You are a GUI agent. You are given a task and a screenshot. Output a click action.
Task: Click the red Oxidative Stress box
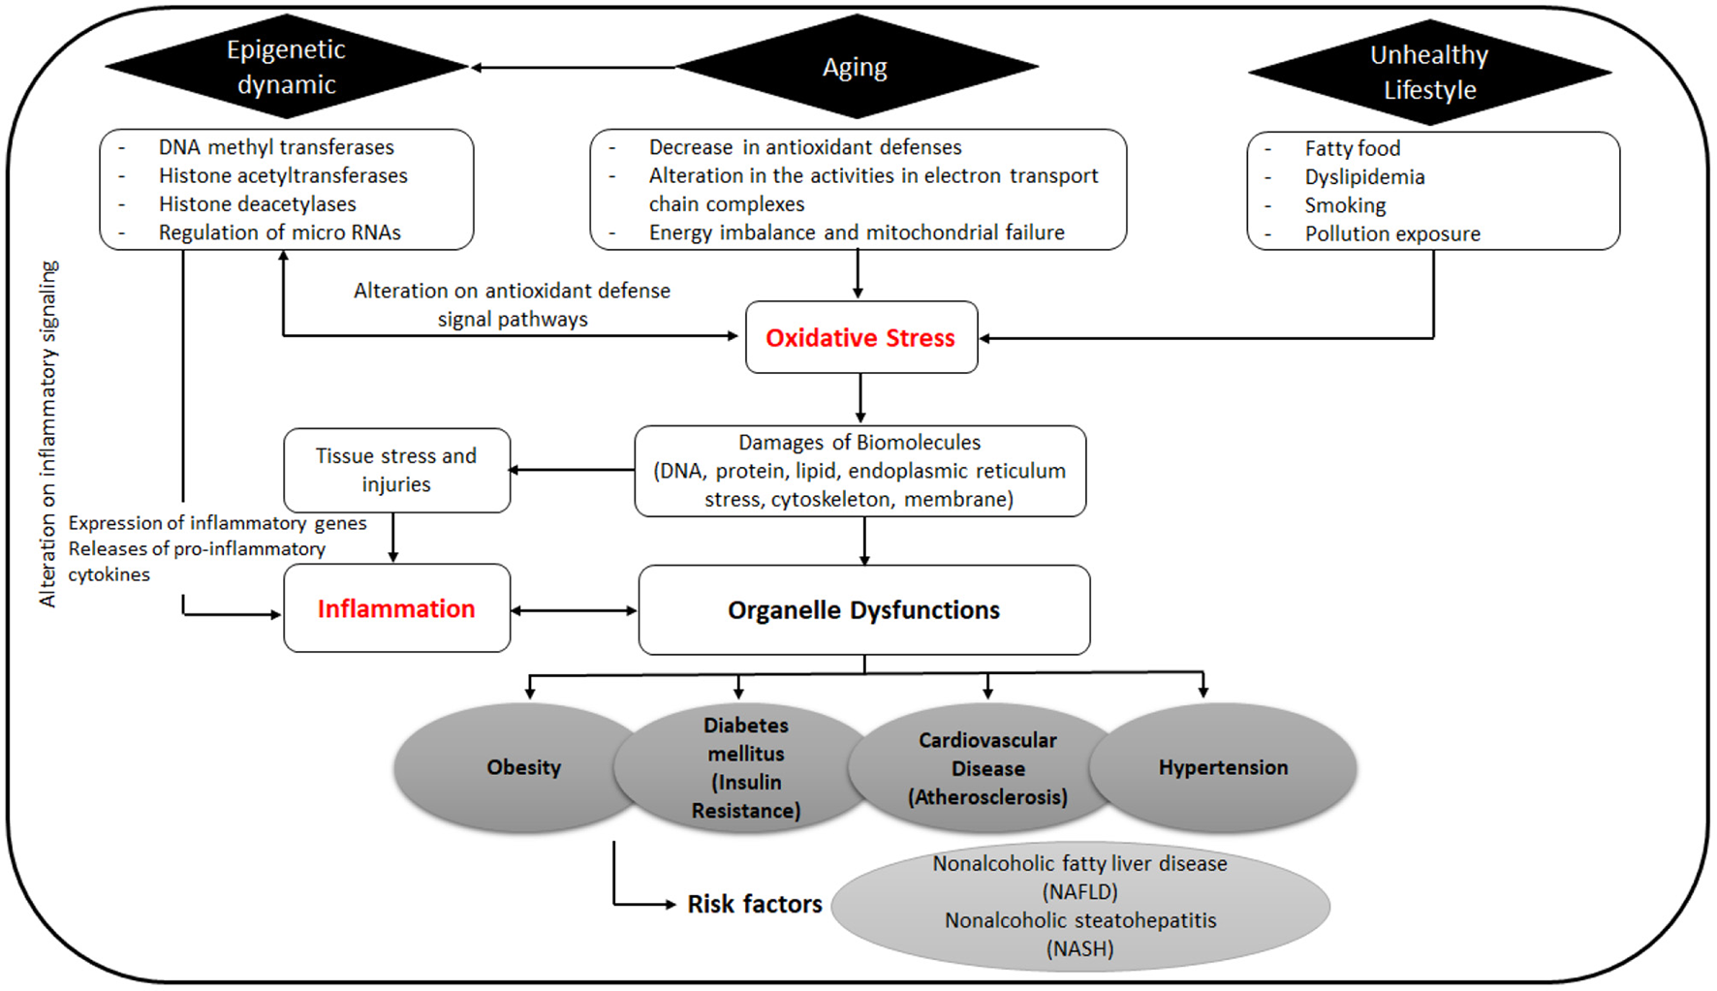[860, 337]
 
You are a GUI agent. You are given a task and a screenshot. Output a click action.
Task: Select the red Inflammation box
[396, 608]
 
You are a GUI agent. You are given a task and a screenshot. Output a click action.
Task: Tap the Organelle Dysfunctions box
[863, 610]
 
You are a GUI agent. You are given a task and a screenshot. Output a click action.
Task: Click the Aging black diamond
[855, 68]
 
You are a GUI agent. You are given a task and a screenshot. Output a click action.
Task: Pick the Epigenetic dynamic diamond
[286, 67]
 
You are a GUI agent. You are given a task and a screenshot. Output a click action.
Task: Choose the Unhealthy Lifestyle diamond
[1428, 72]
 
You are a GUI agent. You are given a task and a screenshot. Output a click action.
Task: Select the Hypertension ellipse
[1223, 767]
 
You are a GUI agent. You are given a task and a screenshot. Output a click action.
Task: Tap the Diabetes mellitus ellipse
[745, 767]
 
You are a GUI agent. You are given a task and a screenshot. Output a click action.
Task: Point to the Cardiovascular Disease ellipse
[986, 768]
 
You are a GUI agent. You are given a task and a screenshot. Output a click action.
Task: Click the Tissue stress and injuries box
[395, 470]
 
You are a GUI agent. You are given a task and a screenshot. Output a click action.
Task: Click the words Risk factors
[754, 904]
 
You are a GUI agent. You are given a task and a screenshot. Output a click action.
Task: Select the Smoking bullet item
[1345, 205]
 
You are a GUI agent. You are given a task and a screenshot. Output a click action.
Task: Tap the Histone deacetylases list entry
[257, 204]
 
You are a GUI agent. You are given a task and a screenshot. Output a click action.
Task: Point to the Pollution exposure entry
[1391, 233]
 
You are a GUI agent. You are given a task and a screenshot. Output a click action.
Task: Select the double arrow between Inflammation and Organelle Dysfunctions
[574, 610]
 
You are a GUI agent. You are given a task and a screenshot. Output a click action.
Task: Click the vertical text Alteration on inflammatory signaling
[48, 433]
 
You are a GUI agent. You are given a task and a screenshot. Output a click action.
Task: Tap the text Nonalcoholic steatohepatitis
[1079, 920]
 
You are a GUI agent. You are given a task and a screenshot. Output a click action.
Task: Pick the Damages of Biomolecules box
[859, 471]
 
